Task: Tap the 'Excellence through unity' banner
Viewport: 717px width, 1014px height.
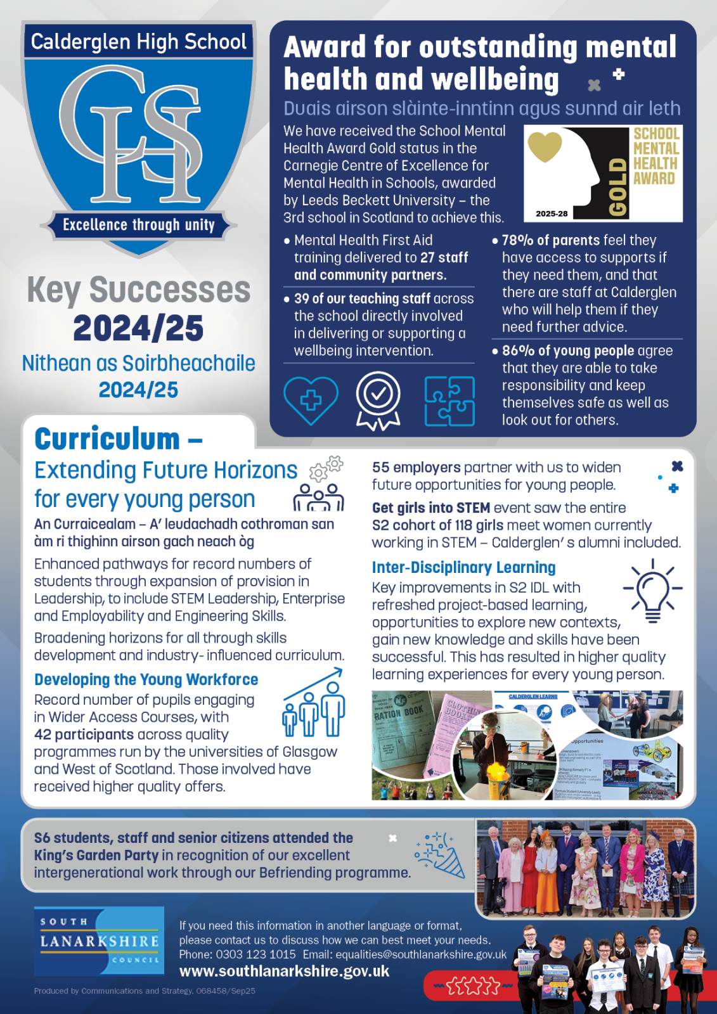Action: [x=138, y=225]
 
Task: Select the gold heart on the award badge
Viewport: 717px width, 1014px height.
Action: [x=545, y=146]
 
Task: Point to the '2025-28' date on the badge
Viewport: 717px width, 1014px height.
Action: [x=552, y=214]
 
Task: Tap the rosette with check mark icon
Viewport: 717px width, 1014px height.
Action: [x=378, y=401]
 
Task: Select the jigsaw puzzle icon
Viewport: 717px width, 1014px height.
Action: [x=449, y=401]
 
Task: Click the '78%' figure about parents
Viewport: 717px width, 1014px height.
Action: [x=518, y=241]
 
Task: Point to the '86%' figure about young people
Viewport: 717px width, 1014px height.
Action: [x=518, y=351]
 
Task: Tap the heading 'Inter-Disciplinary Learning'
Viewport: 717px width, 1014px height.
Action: [x=463, y=567]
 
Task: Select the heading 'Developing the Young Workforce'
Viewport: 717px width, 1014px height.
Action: [x=146, y=679]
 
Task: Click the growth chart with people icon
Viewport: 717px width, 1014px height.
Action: [x=314, y=703]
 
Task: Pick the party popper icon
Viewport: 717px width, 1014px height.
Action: [x=441, y=855]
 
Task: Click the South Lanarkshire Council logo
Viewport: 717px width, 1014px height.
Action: [x=99, y=941]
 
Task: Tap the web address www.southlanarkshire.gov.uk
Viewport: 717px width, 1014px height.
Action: [x=284, y=971]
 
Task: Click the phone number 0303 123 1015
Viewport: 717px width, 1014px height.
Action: [x=255, y=954]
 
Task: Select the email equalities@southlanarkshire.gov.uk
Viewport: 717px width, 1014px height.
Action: [x=421, y=954]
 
